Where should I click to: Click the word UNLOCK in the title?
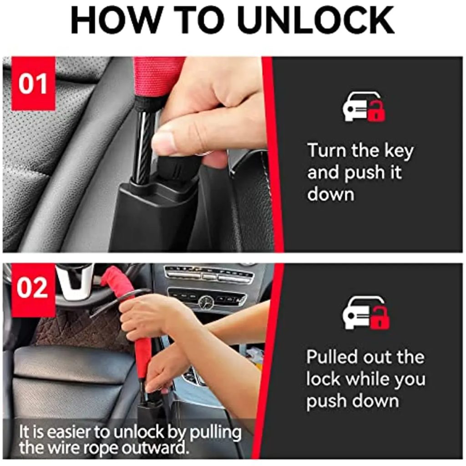(x=316, y=20)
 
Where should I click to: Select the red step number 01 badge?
(x=33, y=84)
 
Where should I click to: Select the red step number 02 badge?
(x=33, y=288)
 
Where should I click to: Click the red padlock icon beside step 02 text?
(x=380, y=318)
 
